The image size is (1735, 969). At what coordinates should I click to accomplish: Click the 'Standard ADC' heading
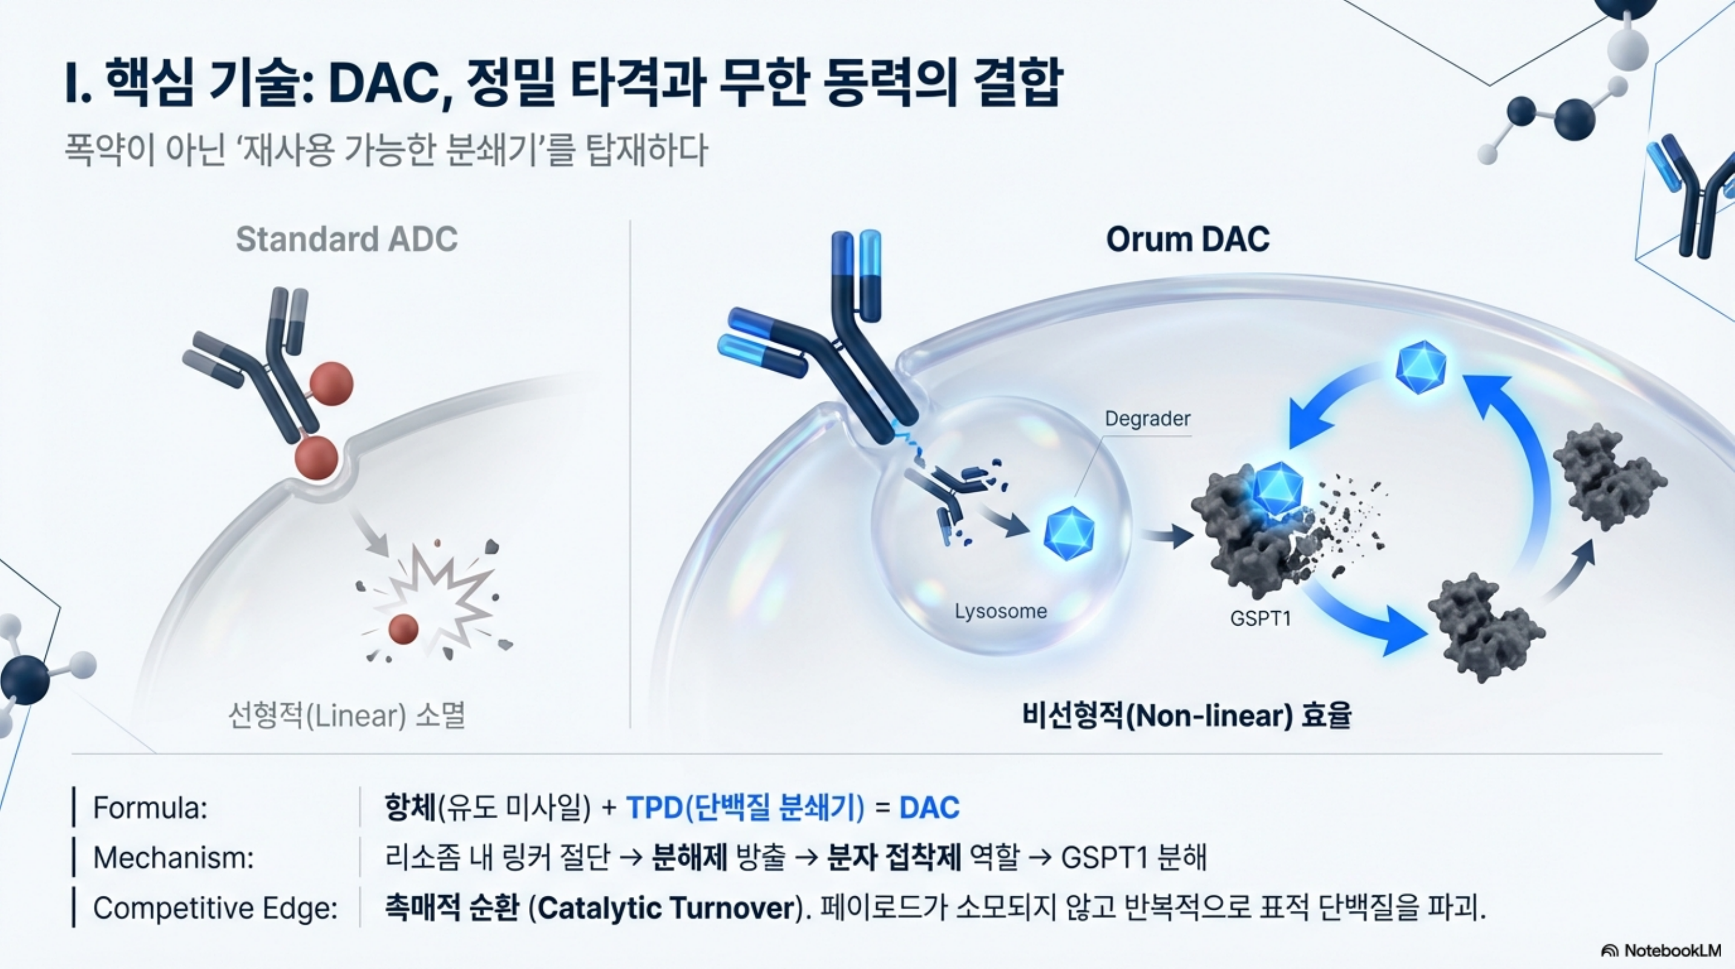(346, 239)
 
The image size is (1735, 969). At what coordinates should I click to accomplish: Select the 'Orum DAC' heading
(1187, 239)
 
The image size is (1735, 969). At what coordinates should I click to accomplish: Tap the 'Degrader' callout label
(1147, 418)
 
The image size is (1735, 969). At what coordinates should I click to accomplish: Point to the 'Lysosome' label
(1000, 611)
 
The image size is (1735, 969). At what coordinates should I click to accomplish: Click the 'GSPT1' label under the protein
(1260, 618)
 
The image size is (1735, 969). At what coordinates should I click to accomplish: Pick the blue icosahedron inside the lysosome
(1069, 534)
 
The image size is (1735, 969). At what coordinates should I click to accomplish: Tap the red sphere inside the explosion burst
(404, 629)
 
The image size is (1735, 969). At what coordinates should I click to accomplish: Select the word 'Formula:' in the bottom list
(149, 807)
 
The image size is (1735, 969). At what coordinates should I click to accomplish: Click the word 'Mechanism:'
(173, 858)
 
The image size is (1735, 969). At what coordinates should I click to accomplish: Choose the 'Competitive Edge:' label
(215, 908)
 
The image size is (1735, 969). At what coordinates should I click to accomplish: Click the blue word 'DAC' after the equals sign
(929, 807)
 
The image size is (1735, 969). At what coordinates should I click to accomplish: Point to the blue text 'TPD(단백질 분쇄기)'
(745, 807)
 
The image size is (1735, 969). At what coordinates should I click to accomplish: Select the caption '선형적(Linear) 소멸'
(347, 716)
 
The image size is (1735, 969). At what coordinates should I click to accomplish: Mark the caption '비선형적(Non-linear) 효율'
(1186, 716)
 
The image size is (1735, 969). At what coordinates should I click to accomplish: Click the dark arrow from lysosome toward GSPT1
(1167, 537)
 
